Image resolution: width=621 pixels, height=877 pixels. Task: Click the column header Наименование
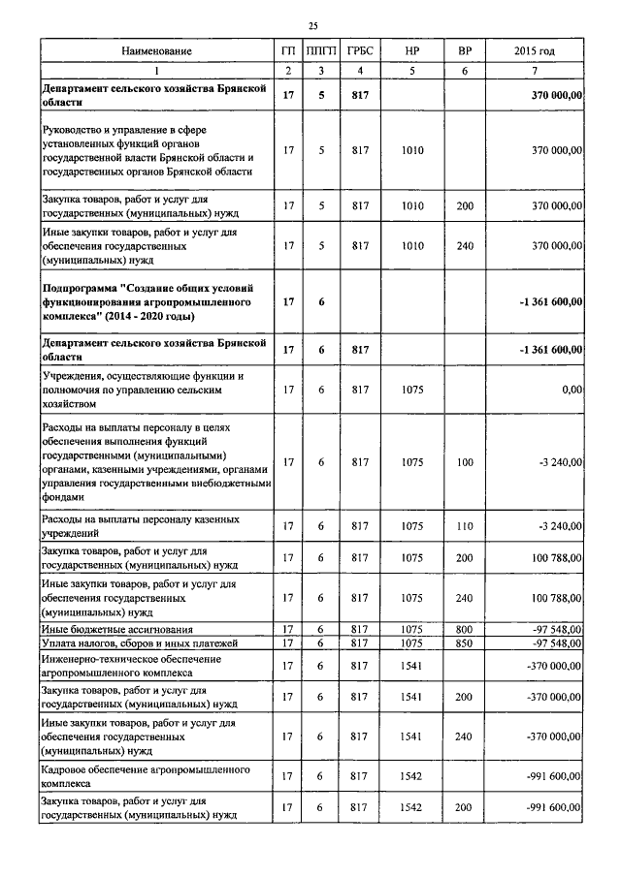tap(156, 50)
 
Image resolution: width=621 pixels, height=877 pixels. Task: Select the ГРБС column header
tap(360, 50)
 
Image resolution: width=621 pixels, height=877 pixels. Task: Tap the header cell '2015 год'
tap(534, 50)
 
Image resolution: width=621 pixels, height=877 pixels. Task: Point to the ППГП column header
tap(320, 50)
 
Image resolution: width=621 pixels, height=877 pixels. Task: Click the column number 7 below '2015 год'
tap(534, 70)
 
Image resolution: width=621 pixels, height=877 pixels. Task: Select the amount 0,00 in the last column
tap(571, 389)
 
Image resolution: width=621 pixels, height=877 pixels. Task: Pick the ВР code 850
tap(464, 643)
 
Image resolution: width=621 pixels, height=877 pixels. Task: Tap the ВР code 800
tap(464, 630)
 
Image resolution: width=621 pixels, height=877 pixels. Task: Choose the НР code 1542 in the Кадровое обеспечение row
tap(412, 775)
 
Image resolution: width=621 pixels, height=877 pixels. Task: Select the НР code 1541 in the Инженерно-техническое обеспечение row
tap(412, 666)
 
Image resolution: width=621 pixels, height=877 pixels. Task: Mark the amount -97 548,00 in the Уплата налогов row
tap(554, 643)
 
